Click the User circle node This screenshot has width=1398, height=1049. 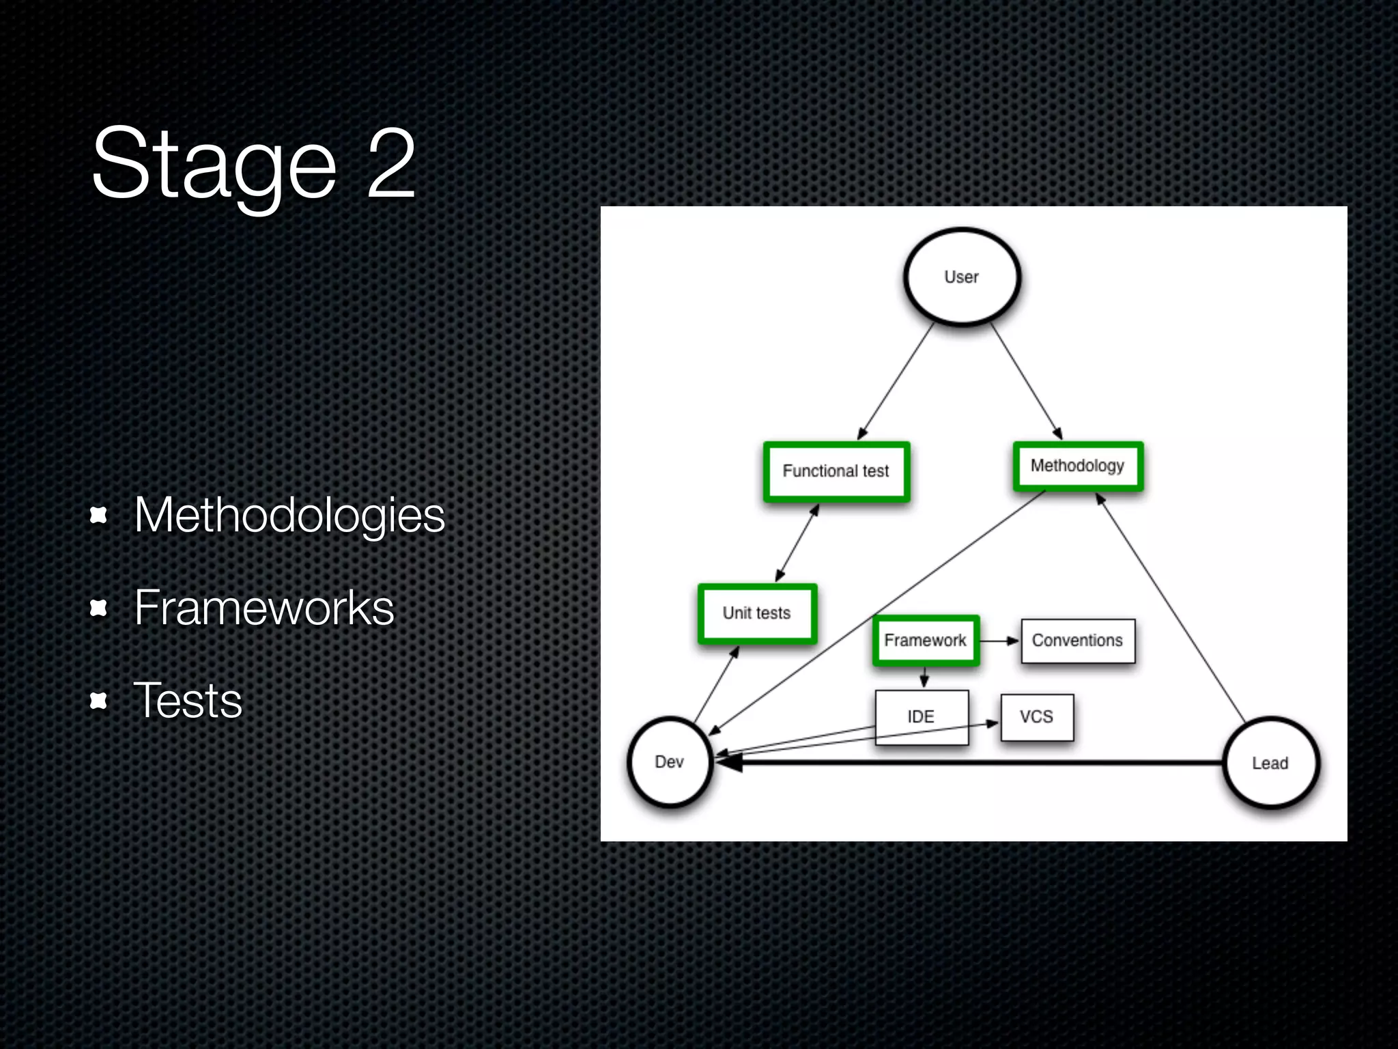coord(962,277)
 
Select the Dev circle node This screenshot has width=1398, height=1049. coord(670,761)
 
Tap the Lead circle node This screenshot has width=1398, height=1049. coord(1270,763)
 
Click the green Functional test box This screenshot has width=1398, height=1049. coord(836,471)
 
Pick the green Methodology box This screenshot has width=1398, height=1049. coord(1078,466)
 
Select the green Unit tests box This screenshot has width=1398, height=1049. coord(757,613)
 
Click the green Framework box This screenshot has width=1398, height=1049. coord(926,640)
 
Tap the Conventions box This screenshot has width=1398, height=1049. coord(1078,641)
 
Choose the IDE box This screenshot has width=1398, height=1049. coord(922,716)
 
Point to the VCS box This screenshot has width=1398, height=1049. coord(1037,717)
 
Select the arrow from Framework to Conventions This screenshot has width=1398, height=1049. coord(999,641)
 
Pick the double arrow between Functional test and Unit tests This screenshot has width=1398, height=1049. coord(797,543)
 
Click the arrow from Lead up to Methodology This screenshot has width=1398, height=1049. coord(1171,608)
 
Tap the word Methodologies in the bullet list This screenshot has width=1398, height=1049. coord(289,514)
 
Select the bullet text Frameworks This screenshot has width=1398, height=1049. coord(264,607)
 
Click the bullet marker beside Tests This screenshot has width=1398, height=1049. coord(99,701)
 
